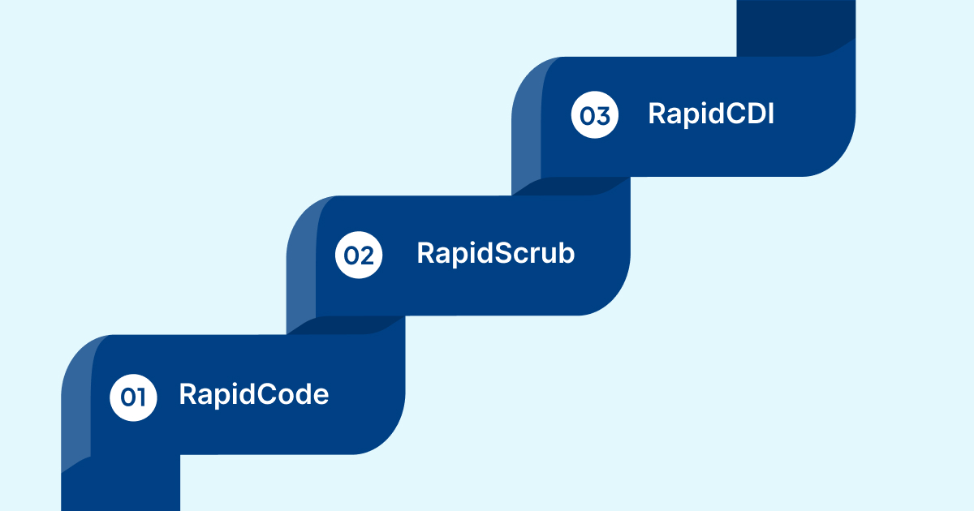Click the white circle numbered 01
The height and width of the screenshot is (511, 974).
click(133, 397)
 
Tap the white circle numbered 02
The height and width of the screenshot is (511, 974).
click(359, 255)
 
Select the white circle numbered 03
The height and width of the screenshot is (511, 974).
click(595, 116)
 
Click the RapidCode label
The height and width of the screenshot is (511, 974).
click(253, 395)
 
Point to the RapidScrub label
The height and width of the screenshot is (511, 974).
click(495, 253)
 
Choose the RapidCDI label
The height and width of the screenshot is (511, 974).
click(710, 114)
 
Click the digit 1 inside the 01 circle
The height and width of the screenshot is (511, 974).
click(140, 397)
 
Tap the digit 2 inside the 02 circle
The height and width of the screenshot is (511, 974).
click(366, 255)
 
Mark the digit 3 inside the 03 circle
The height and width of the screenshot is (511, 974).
click(602, 116)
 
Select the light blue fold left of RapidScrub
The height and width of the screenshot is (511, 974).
click(301, 260)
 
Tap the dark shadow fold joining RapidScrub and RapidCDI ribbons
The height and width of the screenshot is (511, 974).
click(571, 186)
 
